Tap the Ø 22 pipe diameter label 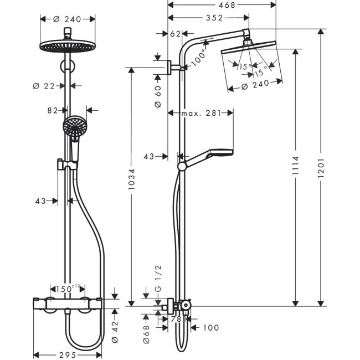[x=43, y=85]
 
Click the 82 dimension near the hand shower [x=53, y=111]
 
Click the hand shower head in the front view [x=72, y=126]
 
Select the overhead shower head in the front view [x=68, y=47]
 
